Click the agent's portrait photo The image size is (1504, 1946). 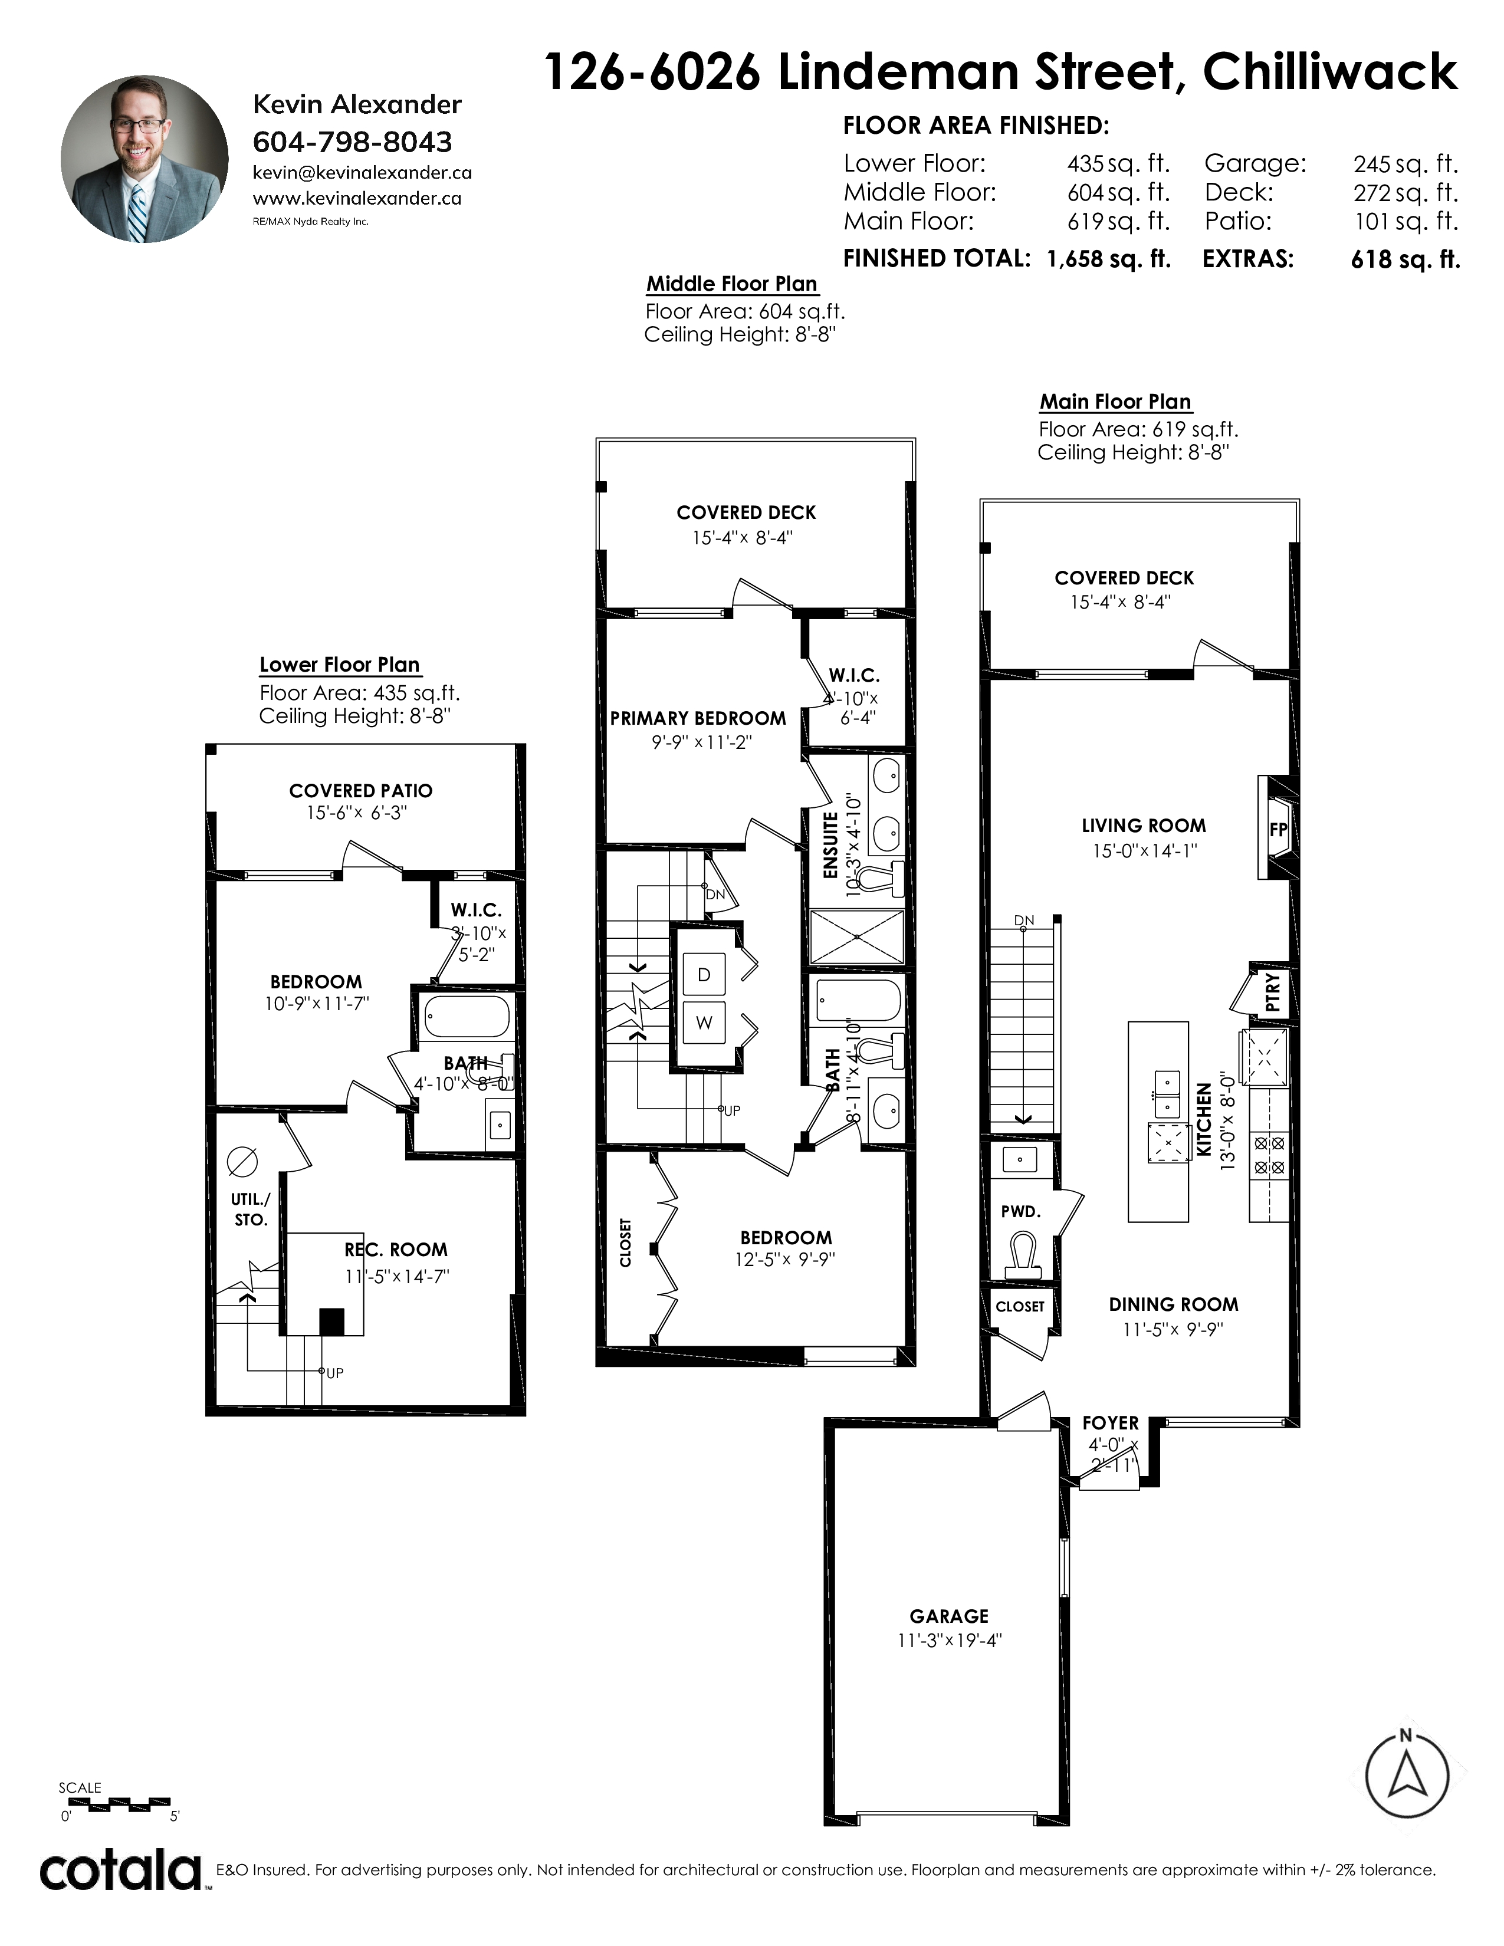coord(145,159)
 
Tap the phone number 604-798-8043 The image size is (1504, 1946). coord(353,142)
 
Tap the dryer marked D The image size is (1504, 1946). coord(704,975)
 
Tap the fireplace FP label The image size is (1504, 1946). coord(1278,829)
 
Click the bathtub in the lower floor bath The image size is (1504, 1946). coord(466,1016)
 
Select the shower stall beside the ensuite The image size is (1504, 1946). coord(857,936)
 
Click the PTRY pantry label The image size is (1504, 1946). coord(1272,992)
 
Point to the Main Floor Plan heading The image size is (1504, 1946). coord(1115,402)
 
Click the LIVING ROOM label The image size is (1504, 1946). coord(1144,826)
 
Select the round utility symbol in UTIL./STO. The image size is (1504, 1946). coord(242,1161)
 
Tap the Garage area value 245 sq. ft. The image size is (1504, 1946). coord(1405,164)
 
